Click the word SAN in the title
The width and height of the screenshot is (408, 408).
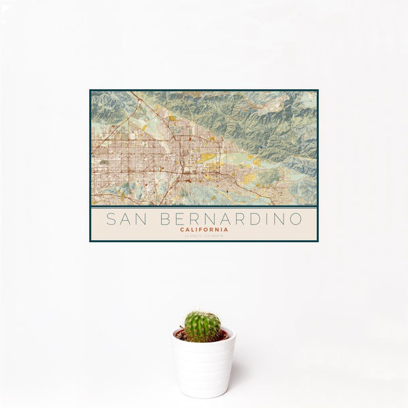pos(128,219)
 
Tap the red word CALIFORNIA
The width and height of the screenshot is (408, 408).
pos(204,230)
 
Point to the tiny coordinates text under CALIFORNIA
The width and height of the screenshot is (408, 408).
pos(204,236)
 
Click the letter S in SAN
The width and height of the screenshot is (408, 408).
pos(111,219)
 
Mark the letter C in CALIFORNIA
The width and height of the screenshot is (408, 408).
pos(182,230)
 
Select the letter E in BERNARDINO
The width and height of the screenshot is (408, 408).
pos(180,219)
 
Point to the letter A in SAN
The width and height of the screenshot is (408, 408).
pos(128,219)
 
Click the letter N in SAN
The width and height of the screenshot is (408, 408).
pos(144,219)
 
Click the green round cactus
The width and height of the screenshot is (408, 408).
pos(203,326)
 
